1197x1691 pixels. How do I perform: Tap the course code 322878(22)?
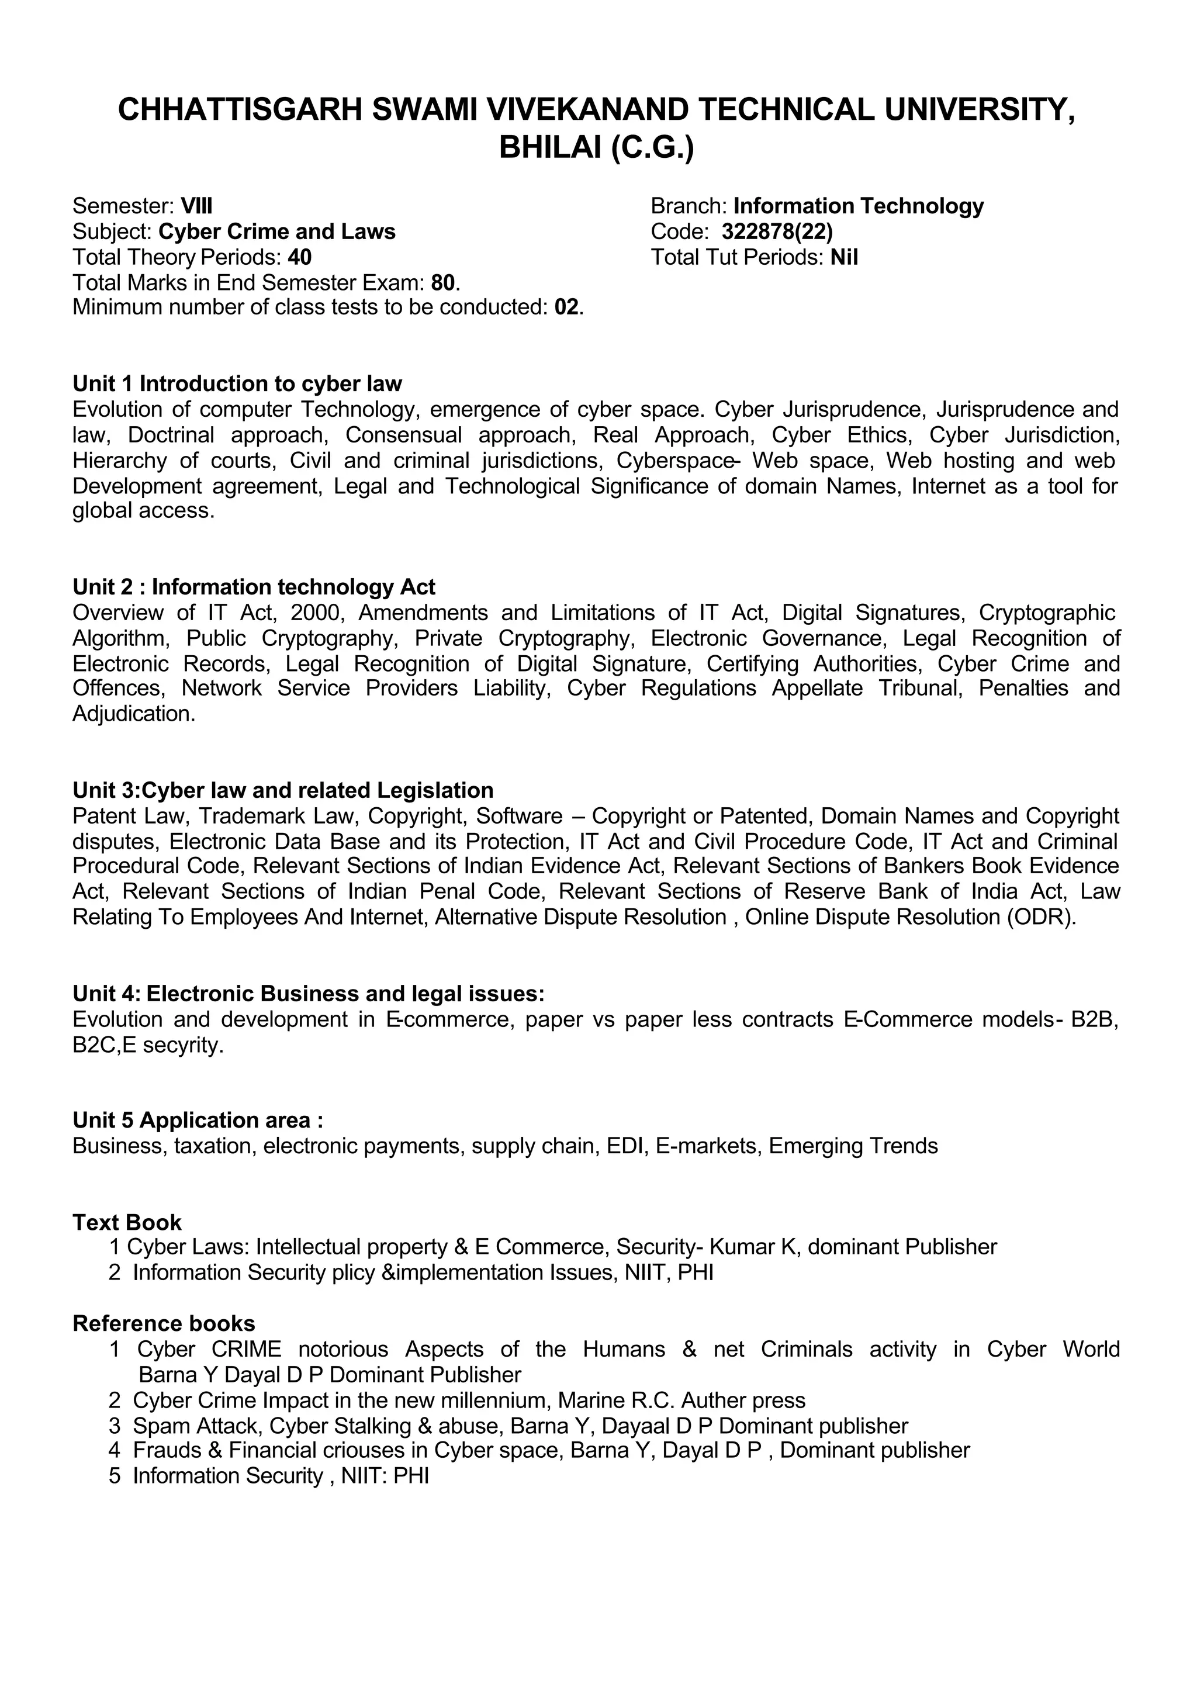pos(777,231)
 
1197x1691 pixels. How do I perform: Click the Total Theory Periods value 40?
pos(299,257)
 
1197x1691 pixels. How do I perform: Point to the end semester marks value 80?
pos(443,283)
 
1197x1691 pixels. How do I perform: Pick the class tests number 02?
pos(567,307)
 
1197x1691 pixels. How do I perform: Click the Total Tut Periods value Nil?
pos(844,257)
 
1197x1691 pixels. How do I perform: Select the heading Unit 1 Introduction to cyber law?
pos(237,383)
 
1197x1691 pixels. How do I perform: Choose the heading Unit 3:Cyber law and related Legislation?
pos(283,790)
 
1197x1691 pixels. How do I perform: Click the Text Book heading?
pos(127,1222)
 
